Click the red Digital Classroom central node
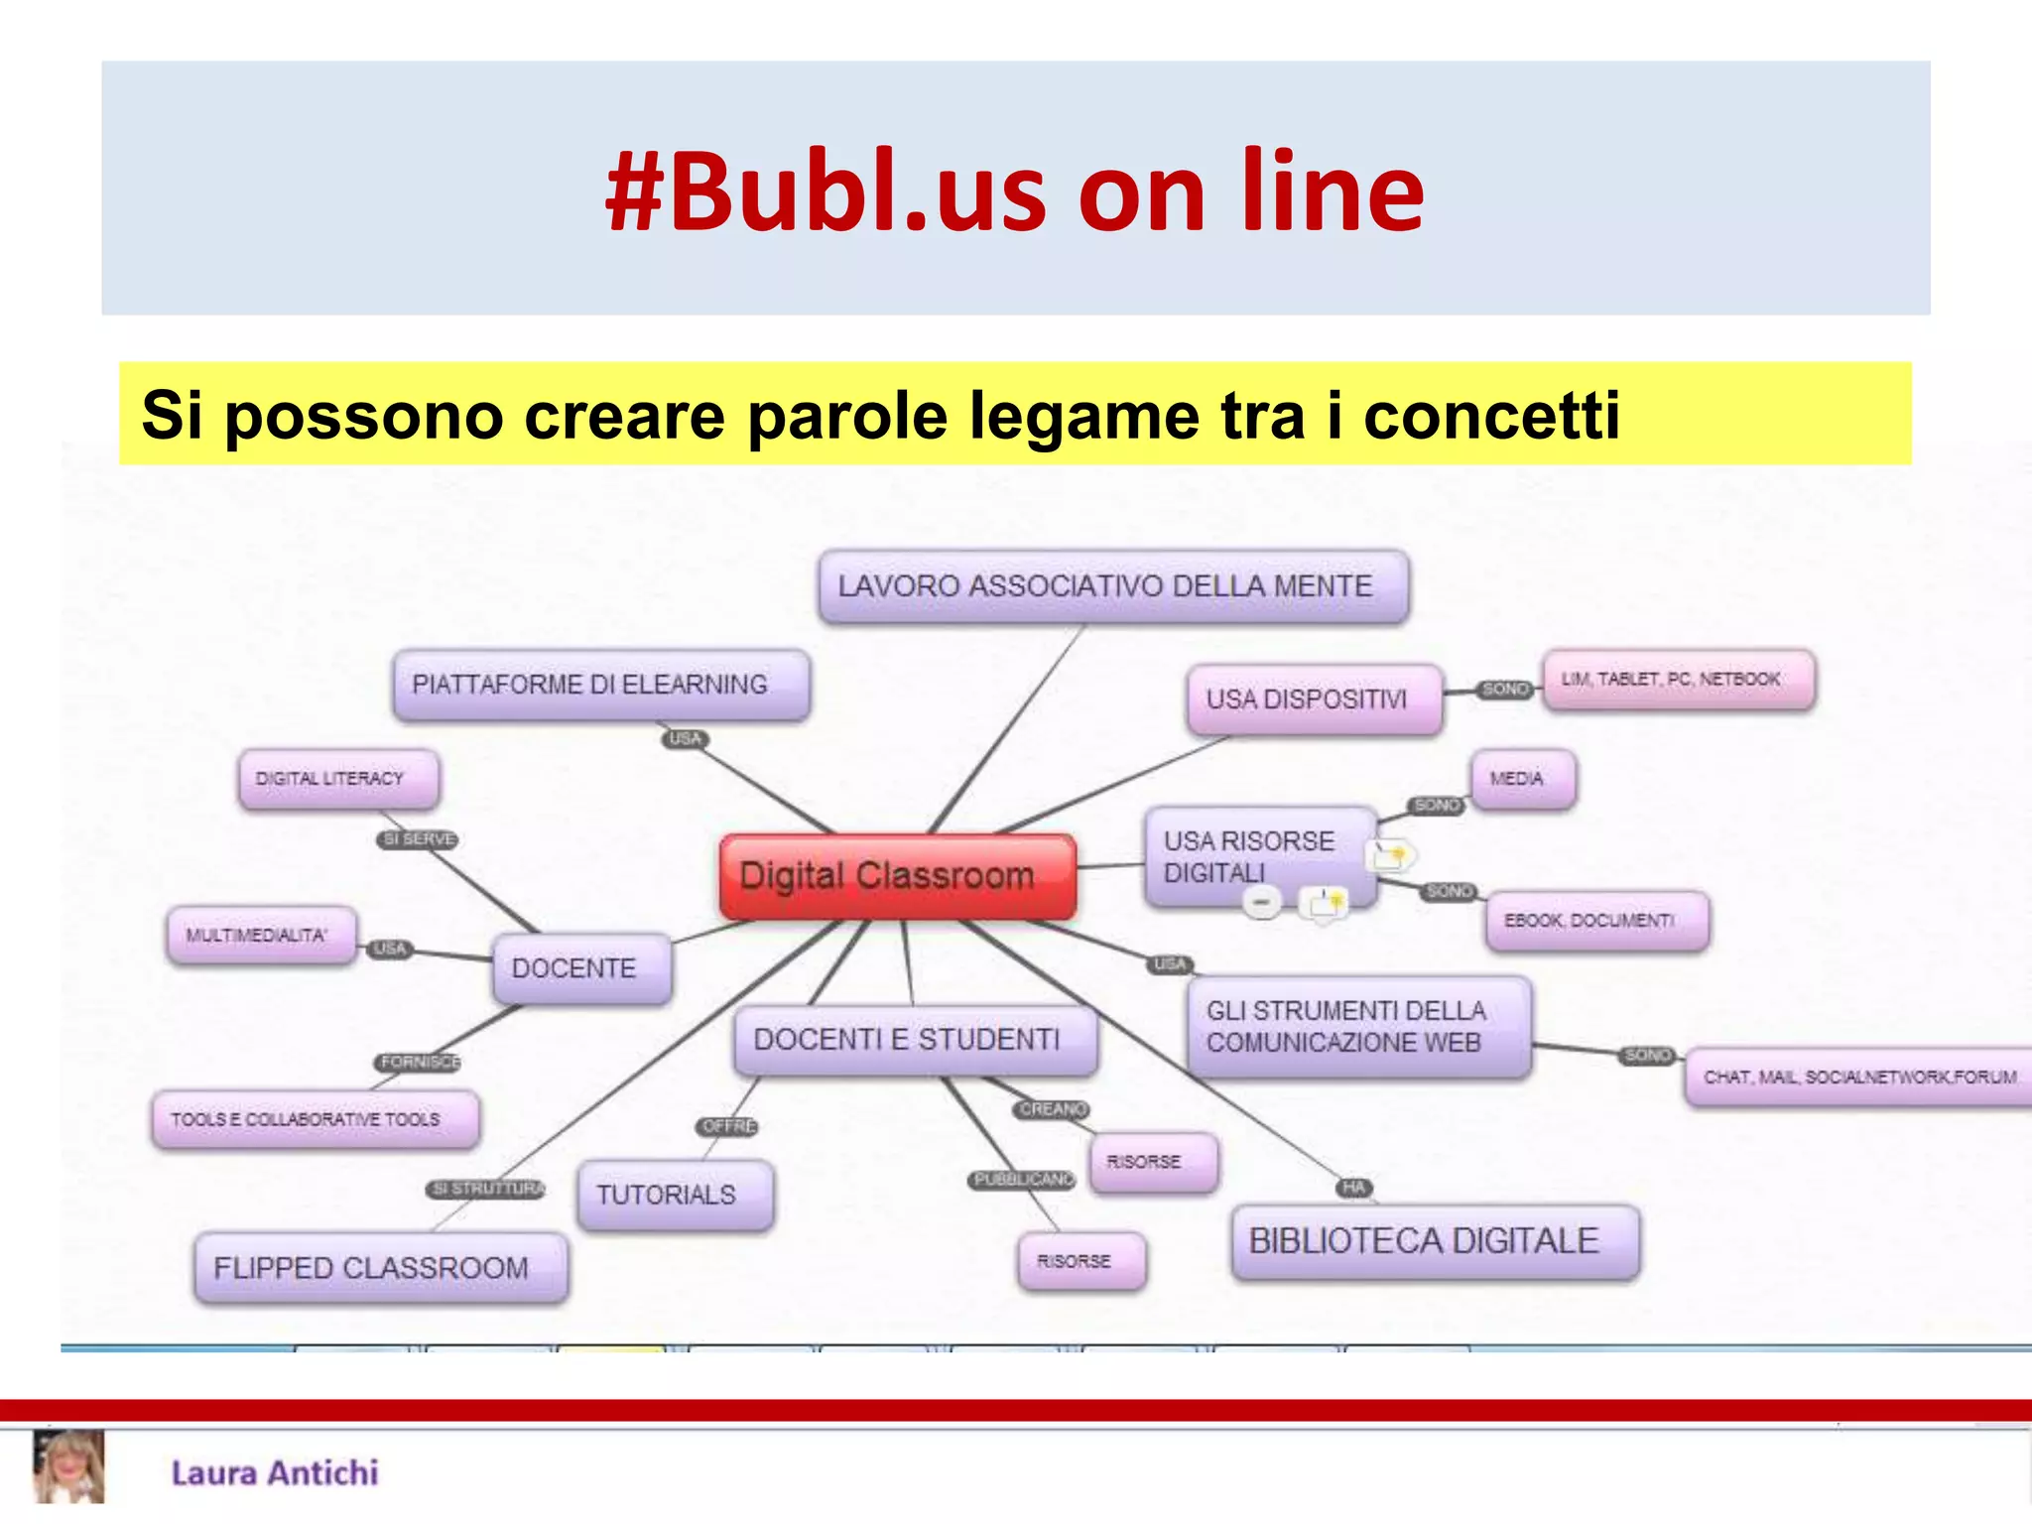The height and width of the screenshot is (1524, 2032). pos(897,876)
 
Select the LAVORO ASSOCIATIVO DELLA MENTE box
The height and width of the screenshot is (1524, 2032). pos(1112,586)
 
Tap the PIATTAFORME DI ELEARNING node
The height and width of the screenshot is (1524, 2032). pos(600,685)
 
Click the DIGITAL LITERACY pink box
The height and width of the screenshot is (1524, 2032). pos(338,779)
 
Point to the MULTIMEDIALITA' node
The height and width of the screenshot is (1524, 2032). pos(261,935)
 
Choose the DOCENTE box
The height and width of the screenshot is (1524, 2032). pos(581,968)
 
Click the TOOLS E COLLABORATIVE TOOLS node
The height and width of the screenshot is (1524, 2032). pos(315,1119)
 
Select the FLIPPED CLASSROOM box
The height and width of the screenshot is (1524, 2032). pos(381,1268)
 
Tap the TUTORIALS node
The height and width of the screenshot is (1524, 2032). pos(675,1195)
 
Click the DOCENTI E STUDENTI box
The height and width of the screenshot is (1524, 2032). pos(915,1040)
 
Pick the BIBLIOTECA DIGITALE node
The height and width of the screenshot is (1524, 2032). pos(1434,1241)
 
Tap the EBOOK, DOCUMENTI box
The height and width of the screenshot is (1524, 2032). pos(1596,921)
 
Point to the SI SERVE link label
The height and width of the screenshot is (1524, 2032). pos(418,839)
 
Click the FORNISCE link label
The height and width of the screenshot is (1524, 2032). pos(419,1062)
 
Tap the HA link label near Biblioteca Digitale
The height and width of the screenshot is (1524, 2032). pos(1354,1188)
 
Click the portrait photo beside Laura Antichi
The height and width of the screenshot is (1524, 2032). pos(68,1467)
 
